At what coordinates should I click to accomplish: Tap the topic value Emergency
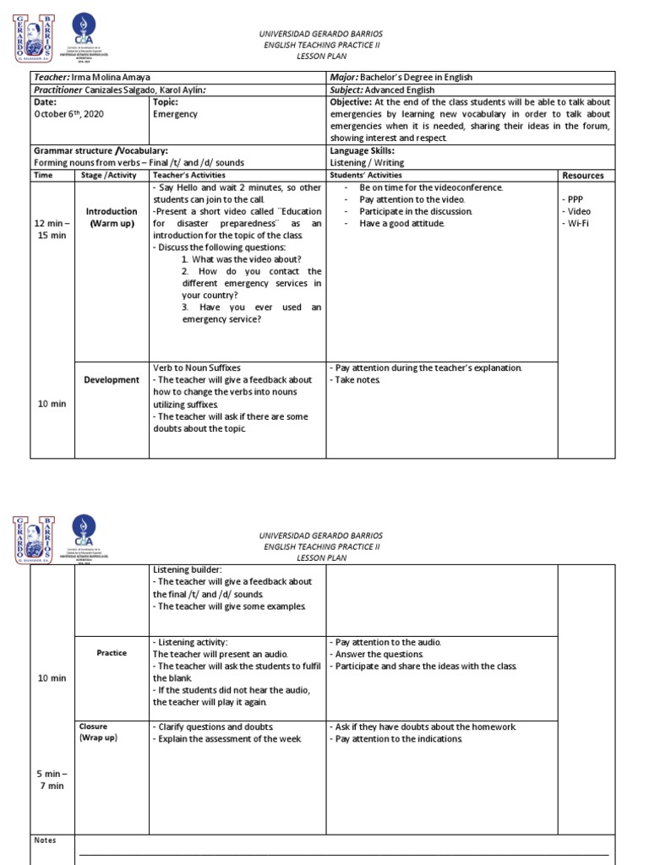point(175,114)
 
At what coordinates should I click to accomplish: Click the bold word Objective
point(351,102)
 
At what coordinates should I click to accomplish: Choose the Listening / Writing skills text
point(367,162)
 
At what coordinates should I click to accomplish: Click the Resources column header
point(582,176)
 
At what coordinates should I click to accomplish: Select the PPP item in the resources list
point(572,199)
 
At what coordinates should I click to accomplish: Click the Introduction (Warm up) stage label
point(111,217)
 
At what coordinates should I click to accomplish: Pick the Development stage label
point(111,380)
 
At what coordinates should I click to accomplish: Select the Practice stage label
point(112,653)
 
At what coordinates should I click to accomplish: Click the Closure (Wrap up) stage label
point(98,732)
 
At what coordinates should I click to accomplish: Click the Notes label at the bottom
point(44,841)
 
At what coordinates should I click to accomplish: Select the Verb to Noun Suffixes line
point(196,368)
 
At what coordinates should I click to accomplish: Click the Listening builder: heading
point(187,570)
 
